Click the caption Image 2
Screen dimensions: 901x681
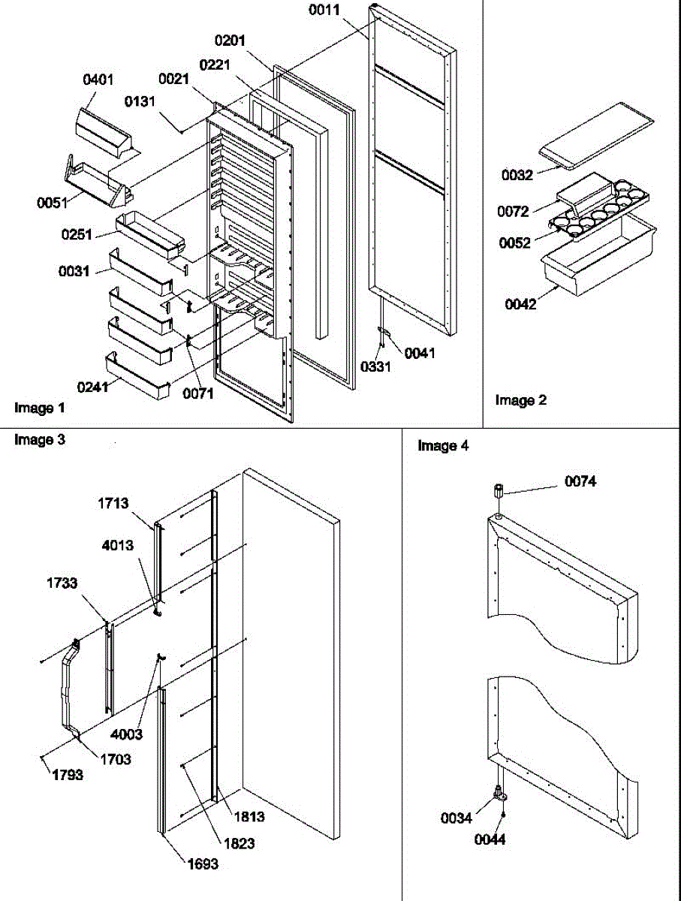click(x=521, y=400)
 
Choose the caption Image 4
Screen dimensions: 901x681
click(x=443, y=446)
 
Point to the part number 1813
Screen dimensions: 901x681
click(x=249, y=816)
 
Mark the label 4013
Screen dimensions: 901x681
click(x=120, y=546)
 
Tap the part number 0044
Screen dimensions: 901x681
click(x=490, y=839)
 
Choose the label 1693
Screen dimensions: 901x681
click(x=202, y=863)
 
